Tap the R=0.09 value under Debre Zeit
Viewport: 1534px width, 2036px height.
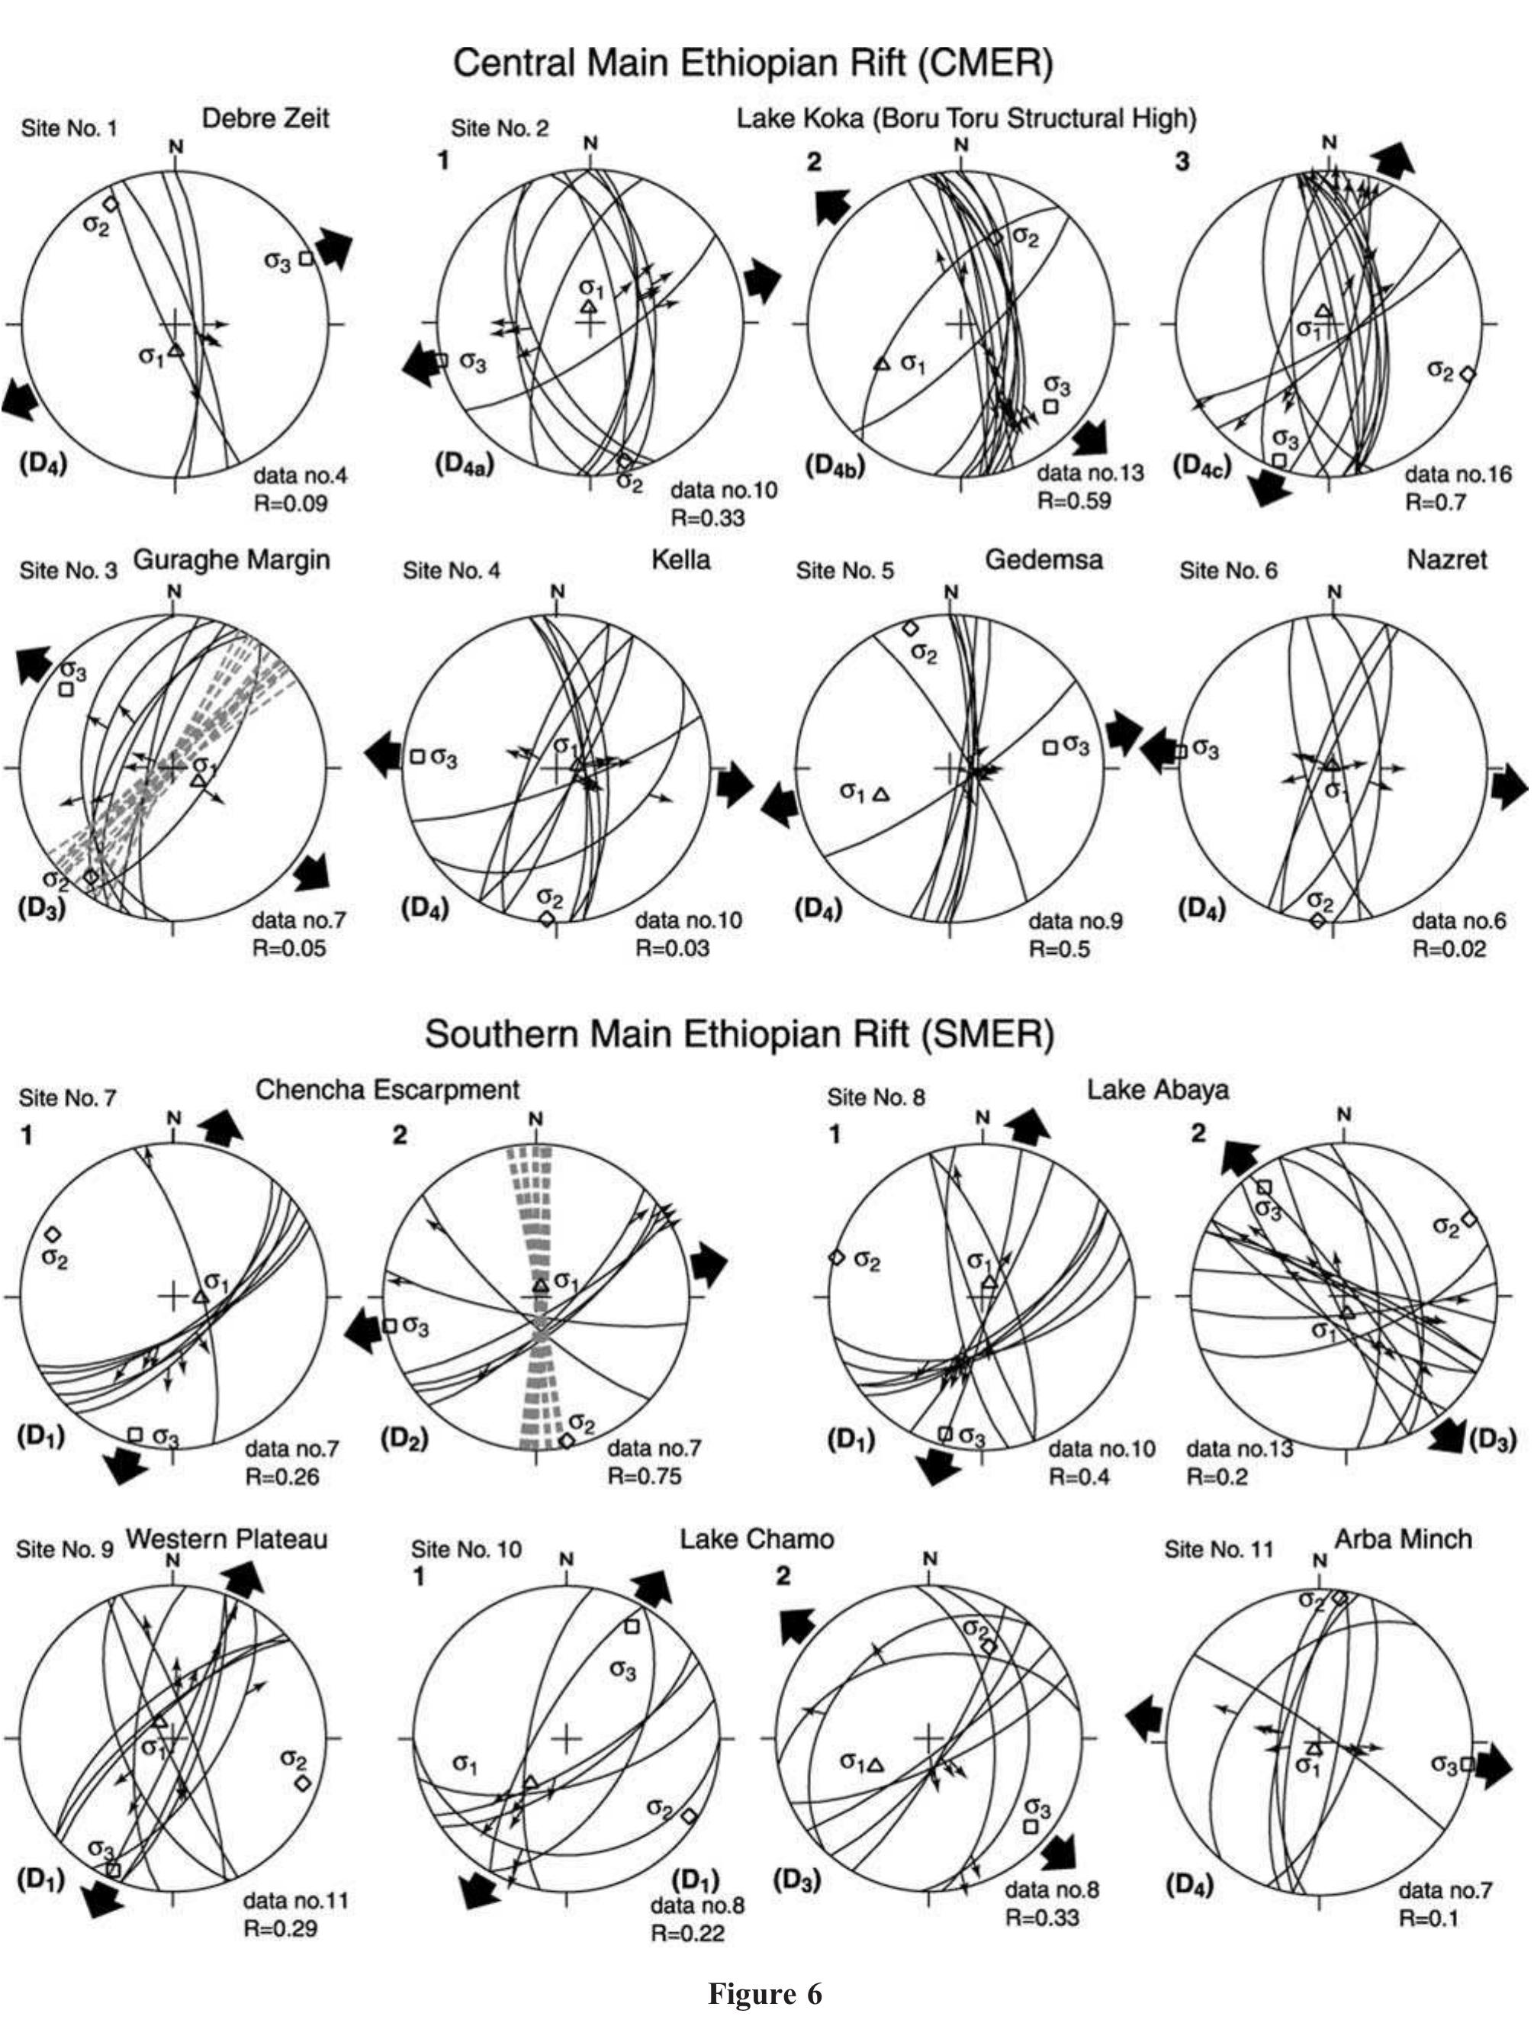[x=290, y=504]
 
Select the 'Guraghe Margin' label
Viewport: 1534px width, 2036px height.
[x=232, y=559]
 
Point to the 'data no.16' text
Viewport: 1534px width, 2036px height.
[x=1458, y=475]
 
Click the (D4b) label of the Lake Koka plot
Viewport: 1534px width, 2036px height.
[x=835, y=466]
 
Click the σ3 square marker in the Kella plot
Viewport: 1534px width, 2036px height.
[x=416, y=756]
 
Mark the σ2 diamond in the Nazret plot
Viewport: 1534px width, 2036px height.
[x=1318, y=920]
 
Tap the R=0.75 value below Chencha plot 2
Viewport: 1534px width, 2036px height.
[x=644, y=1477]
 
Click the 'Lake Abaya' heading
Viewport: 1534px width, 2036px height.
[x=1158, y=1090]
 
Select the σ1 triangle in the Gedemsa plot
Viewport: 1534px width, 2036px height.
[x=880, y=794]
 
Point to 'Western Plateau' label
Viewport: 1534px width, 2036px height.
[x=227, y=1539]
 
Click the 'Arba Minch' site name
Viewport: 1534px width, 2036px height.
[x=1402, y=1539]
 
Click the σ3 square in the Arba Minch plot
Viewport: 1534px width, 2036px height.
[x=1468, y=1764]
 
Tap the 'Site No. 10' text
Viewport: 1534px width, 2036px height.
[x=465, y=1550]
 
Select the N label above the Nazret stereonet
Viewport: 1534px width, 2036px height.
[x=1335, y=592]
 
